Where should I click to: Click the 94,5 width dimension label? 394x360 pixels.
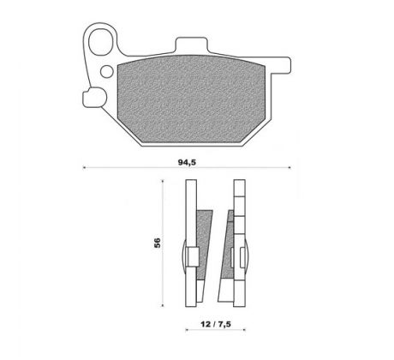[x=187, y=162]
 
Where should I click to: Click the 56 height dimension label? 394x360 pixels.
[x=158, y=243]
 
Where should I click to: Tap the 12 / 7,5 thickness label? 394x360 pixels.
[x=216, y=324]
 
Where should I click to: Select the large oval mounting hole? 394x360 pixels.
[x=101, y=42]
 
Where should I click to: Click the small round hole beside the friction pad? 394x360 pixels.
[x=108, y=71]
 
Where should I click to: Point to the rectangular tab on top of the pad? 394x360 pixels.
[x=191, y=45]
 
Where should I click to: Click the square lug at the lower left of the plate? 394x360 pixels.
[x=94, y=98]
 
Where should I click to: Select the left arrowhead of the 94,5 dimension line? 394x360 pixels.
[x=84, y=167]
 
